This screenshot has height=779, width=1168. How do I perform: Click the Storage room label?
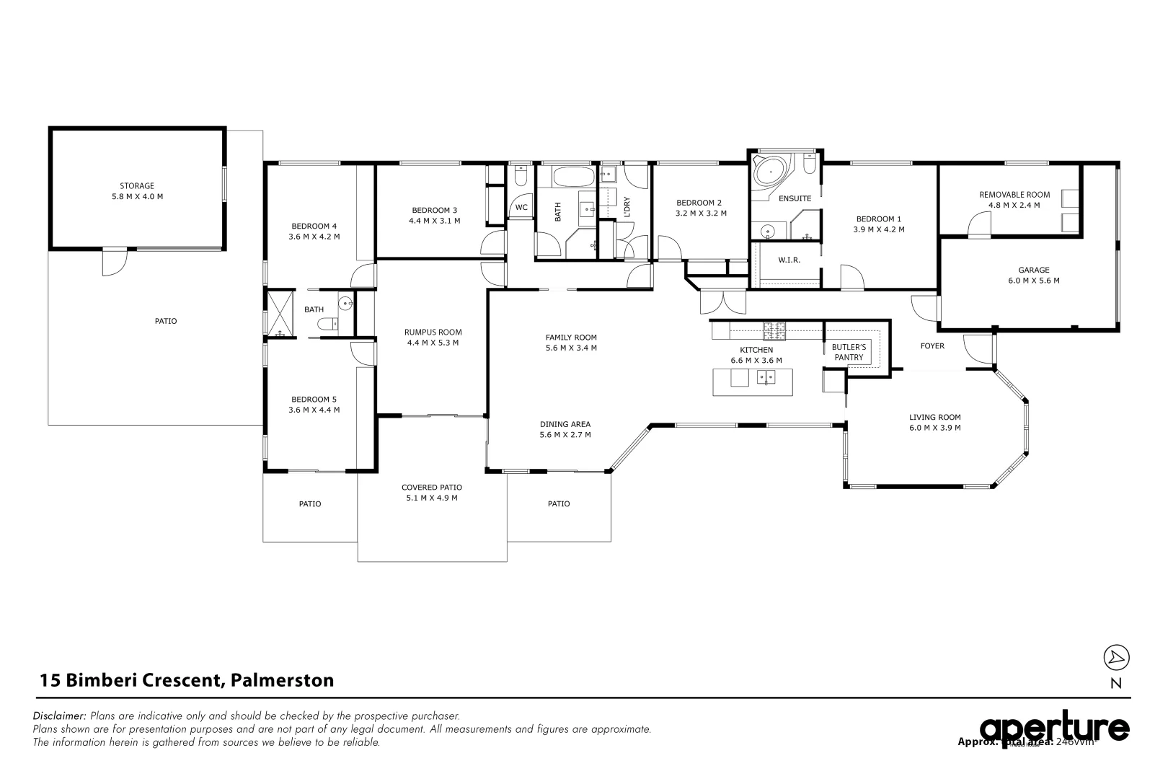[x=136, y=186]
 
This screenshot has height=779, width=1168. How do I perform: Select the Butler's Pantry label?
[x=849, y=352]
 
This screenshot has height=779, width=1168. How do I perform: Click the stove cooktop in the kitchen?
[x=774, y=331]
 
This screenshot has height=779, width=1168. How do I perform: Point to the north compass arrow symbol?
[x=1116, y=657]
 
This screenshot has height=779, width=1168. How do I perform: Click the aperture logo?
[x=1054, y=729]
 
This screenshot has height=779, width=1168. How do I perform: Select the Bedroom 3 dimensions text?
[x=434, y=221]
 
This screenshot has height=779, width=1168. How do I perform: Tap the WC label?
[x=521, y=207]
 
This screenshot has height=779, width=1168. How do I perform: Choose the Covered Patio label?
[x=432, y=488]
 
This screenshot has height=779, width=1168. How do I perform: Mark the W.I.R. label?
[x=789, y=260]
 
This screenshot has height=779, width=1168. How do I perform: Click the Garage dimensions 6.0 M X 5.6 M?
[x=1033, y=281]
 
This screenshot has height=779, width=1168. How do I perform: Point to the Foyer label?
[x=932, y=346]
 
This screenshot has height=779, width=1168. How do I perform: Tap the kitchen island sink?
[x=766, y=377]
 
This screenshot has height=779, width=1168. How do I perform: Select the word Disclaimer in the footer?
[x=60, y=716]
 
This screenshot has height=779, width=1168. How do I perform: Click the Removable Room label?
[x=1014, y=195]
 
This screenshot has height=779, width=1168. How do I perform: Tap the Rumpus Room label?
[x=433, y=333]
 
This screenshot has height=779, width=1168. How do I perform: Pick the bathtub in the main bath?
[x=574, y=177]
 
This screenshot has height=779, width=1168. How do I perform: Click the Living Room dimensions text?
[x=934, y=428]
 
